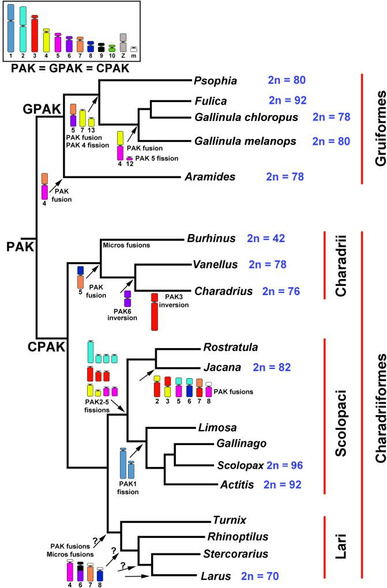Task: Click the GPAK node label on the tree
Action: tap(43, 108)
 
